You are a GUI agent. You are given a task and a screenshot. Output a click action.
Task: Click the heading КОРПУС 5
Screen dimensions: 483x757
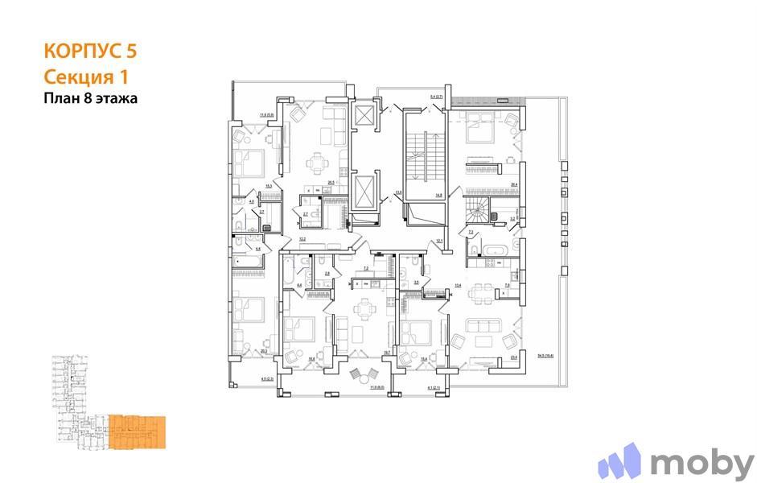coord(89,52)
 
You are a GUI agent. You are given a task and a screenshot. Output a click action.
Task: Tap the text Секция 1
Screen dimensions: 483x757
coord(84,76)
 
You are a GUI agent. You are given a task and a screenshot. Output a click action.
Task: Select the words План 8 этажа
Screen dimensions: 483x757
coord(91,99)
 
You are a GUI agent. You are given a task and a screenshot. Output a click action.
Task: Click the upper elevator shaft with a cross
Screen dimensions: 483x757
coord(364,114)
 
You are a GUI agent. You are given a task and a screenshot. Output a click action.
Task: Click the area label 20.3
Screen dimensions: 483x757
coord(263,351)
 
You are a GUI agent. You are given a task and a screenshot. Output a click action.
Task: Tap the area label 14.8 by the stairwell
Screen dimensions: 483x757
coord(438,194)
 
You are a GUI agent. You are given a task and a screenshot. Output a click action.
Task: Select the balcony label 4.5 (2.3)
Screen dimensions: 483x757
coord(268,378)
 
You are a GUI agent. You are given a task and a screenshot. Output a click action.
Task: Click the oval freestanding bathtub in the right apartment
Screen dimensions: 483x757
coord(496,251)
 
